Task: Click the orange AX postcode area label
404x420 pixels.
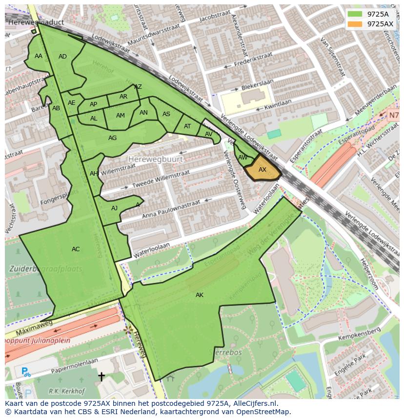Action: click(x=263, y=170)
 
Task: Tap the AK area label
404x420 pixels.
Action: click(x=200, y=295)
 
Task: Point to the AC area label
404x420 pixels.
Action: click(x=76, y=249)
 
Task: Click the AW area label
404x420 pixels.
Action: click(x=242, y=158)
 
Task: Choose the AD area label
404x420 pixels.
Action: click(x=62, y=57)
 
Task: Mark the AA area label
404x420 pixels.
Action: click(x=39, y=56)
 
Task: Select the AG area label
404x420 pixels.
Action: click(x=112, y=138)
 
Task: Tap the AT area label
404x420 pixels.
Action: click(x=187, y=126)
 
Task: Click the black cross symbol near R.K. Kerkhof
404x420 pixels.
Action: click(x=101, y=376)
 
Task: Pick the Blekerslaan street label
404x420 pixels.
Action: click(x=255, y=86)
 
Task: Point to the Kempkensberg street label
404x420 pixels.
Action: click(x=362, y=333)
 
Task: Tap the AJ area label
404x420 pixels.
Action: click(x=114, y=208)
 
